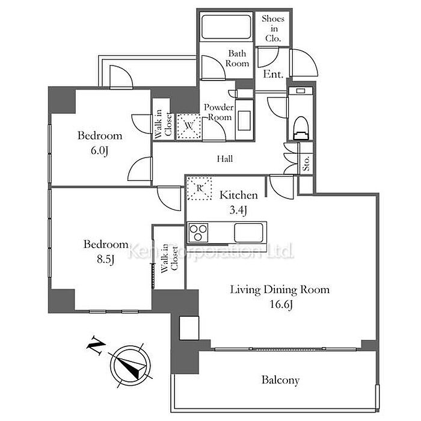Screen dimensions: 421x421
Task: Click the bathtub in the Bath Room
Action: tap(226, 27)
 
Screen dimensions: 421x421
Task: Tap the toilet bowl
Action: tap(301, 128)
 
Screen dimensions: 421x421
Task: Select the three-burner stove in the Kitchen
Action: tap(198, 233)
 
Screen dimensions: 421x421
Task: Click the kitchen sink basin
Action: tap(248, 233)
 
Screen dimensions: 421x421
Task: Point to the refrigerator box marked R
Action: tap(199, 188)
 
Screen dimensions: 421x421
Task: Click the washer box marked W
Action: tap(189, 126)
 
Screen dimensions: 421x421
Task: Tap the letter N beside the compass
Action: tap(95, 345)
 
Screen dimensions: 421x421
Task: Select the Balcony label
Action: tap(280, 380)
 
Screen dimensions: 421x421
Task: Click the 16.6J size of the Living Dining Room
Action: tap(281, 304)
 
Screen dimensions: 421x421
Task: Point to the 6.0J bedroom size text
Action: tap(99, 150)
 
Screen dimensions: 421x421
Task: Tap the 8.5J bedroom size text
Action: tap(105, 259)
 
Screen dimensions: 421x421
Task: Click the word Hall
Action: tap(225, 159)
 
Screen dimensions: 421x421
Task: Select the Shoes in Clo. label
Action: tap(273, 28)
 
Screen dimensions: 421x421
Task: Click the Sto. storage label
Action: tap(306, 164)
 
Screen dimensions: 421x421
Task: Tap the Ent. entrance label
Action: tap(273, 74)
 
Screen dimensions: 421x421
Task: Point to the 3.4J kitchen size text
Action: tap(238, 210)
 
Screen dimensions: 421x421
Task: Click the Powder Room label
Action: tap(218, 112)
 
